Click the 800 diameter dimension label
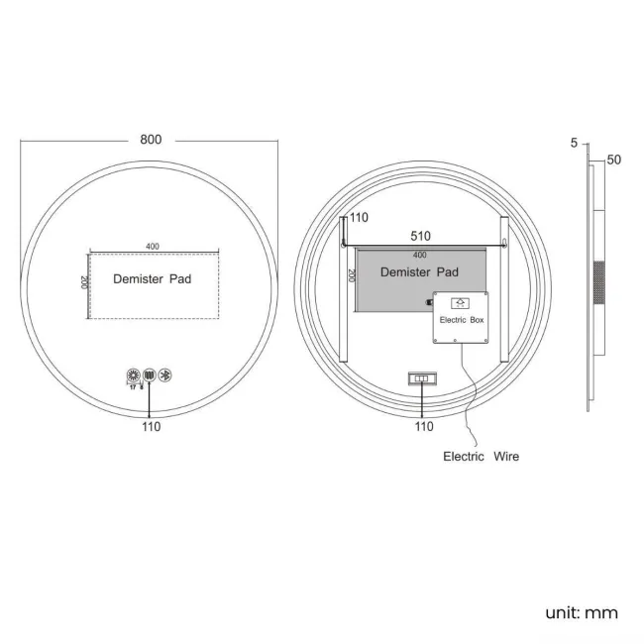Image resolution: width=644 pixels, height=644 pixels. click(151, 140)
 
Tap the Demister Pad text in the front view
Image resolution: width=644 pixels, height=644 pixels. click(152, 279)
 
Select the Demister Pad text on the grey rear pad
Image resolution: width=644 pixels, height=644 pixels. click(419, 271)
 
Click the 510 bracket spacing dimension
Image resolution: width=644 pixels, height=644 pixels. click(421, 236)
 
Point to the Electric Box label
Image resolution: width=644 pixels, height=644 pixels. click(461, 320)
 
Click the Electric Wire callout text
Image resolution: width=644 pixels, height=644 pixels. click(480, 457)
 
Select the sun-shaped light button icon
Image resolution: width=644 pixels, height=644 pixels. click(132, 376)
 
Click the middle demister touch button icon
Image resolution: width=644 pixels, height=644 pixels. click(150, 376)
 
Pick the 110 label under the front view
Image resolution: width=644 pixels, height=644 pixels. click(151, 427)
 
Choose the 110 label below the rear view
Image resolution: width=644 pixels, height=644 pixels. click(424, 427)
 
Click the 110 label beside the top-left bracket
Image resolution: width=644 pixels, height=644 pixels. click(358, 217)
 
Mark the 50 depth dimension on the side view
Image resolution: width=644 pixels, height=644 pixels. click(613, 160)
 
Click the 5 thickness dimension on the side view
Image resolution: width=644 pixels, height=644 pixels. click(574, 144)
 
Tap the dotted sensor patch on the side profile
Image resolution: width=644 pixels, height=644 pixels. click(598, 282)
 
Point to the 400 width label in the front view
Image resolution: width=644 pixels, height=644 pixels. click(153, 246)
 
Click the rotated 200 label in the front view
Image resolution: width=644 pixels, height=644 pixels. click(81, 283)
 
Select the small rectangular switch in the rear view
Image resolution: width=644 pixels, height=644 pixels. click(420, 378)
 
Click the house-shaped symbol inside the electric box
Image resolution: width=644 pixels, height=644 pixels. click(460, 303)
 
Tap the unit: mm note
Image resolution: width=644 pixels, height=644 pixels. click(581, 612)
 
